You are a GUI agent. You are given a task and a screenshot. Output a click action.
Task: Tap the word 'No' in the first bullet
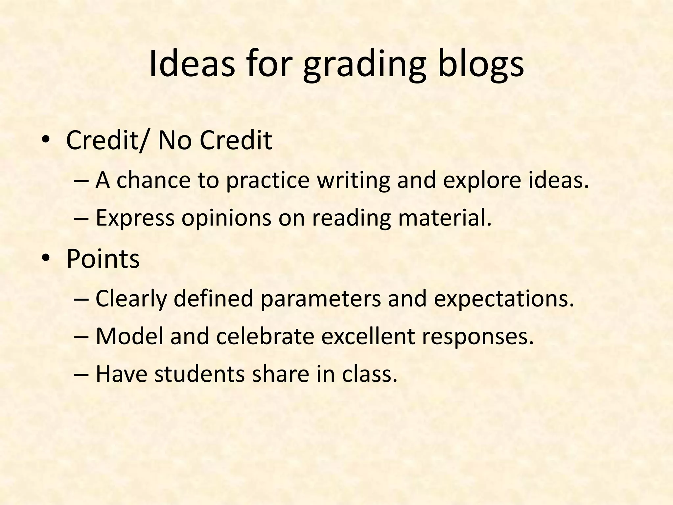[x=174, y=141]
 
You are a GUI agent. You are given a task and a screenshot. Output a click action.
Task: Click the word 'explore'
[x=482, y=181]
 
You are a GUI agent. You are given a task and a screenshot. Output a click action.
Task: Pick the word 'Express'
[x=135, y=218]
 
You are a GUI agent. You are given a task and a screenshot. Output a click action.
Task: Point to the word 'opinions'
[x=226, y=218]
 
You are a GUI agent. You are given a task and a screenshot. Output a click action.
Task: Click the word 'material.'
[x=445, y=218]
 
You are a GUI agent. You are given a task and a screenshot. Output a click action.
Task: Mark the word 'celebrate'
[x=265, y=337]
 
